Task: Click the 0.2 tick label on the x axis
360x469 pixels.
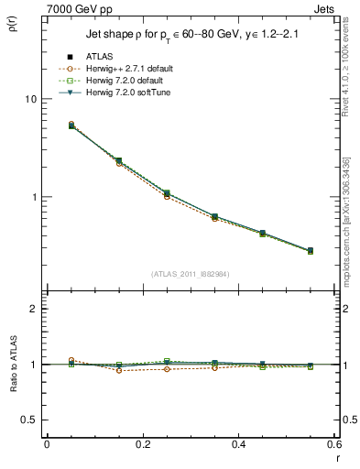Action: click(x=142, y=445)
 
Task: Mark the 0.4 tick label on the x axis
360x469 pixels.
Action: click(x=238, y=445)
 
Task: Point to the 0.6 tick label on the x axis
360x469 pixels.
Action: click(x=333, y=445)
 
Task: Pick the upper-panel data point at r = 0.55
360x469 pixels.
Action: click(x=311, y=250)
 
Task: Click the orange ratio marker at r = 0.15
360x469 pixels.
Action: click(x=119, y=370)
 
